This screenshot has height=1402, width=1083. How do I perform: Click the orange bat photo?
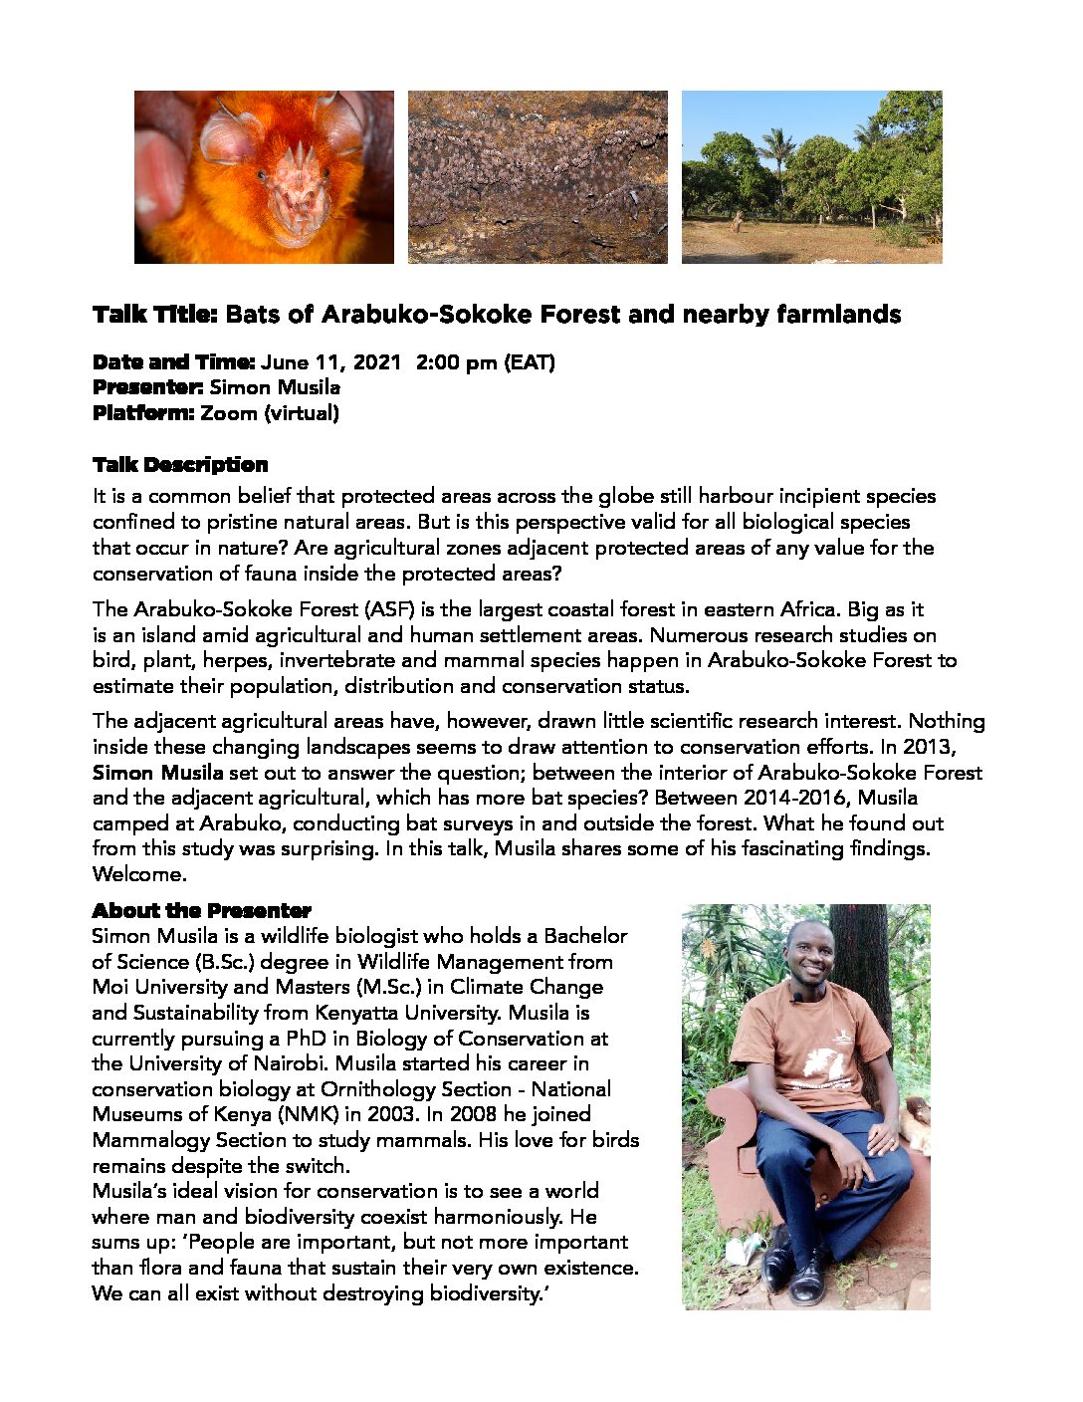(264, 177)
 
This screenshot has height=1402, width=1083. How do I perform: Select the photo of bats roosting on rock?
(538, 177)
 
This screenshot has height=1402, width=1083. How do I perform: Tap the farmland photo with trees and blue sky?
(811, 177)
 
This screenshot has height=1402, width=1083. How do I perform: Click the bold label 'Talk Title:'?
(154, 315)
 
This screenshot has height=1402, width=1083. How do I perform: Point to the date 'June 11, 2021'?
(330, 362)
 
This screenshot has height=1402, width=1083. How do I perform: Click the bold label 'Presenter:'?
(148, 387)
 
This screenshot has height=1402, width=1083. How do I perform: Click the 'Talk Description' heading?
(180, 465)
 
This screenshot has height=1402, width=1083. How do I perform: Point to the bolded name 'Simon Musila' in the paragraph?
(157, 773)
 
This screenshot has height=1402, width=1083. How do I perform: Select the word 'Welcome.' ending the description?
(139, 874)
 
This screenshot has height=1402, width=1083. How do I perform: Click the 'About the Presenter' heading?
(201, 911)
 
